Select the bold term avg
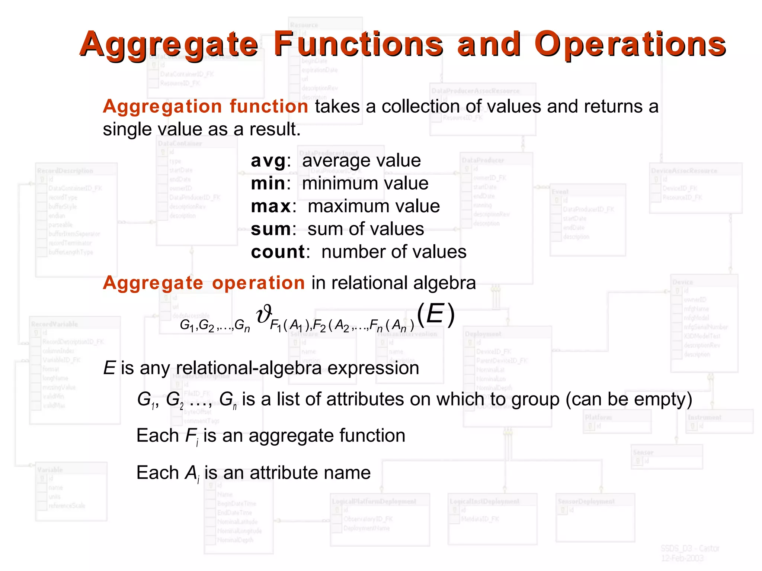[268, 161]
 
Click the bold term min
[268, 184]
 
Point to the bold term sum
[271, 229]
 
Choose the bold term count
[278, 252]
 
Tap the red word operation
[259, 283]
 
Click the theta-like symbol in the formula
[264, 314]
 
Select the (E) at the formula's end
[435, 314]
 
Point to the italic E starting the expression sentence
[109, 368]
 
